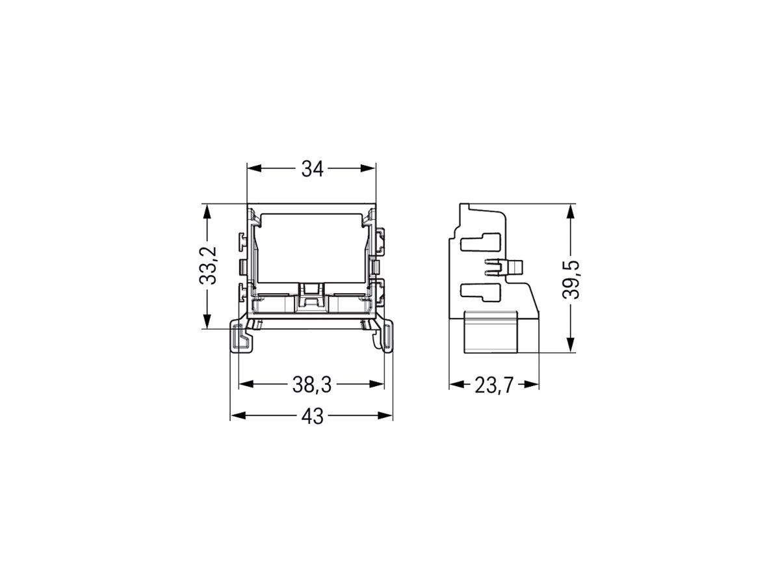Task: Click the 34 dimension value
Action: [312, 169]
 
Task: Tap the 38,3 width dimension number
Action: [311, 385]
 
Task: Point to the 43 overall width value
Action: [312, 417]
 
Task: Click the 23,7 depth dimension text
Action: [493, 385]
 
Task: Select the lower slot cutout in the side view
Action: [480, 292]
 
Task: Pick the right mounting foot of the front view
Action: [384, 337]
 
